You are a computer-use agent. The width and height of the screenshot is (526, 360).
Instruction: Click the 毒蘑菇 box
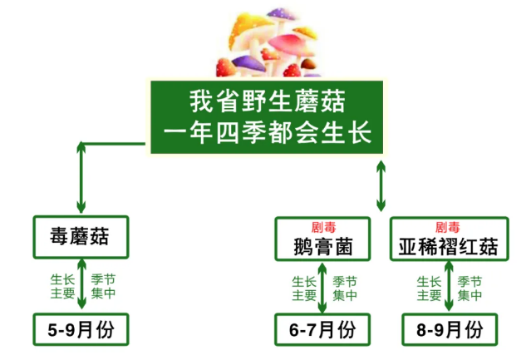point(81,236)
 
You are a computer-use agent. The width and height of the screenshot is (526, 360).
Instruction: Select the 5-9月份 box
point(81,329)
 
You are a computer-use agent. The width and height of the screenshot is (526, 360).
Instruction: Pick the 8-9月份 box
point(450,329)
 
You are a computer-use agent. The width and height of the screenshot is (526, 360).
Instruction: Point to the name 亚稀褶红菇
point(449,246)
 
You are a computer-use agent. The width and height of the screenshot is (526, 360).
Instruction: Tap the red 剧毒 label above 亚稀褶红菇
point(449,226)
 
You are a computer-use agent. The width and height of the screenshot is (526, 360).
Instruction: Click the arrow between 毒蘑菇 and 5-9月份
point(81,285)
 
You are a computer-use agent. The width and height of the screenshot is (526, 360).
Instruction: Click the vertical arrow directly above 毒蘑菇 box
point(81,178)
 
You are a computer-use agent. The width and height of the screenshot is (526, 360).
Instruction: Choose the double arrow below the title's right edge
point(381,185)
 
